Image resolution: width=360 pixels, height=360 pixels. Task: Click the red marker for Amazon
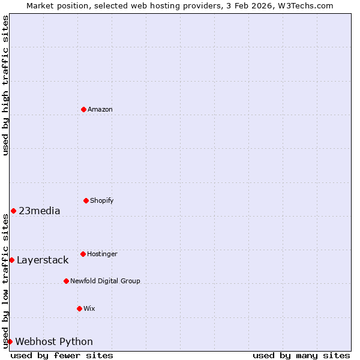tap(83, 109)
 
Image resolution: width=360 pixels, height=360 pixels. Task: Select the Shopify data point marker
tap(86, 200)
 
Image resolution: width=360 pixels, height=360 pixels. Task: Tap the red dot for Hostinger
tap(83, 254)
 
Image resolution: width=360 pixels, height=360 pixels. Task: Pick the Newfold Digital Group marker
tap(66, 281)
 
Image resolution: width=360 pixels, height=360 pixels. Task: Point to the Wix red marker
tap(79, 308)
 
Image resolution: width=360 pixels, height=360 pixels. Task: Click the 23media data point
tap(13, 211)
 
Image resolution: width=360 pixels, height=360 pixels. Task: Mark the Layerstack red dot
tap(11, 260)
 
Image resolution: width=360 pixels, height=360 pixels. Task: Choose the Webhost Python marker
tap(10, 341)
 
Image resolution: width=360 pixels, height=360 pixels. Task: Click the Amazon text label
tap(100, 109)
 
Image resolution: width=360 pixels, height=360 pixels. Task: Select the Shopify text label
tap(102, 200)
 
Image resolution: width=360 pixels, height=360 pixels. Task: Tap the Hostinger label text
tap(102, 254)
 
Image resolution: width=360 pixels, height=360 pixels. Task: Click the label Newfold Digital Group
tap(105, 281)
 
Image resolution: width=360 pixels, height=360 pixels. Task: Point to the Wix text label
tap(89, 308)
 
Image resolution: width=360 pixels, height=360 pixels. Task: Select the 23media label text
tap(40, 211)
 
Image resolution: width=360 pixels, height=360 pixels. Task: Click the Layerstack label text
tap(43, 260)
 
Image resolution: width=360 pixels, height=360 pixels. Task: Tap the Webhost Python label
tap(54, 341)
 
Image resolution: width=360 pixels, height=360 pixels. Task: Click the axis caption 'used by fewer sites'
tap(62, 355)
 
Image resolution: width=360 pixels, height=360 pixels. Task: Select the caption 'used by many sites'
tap(301, 355)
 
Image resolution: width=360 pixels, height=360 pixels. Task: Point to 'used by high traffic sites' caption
tap(5, 85)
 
